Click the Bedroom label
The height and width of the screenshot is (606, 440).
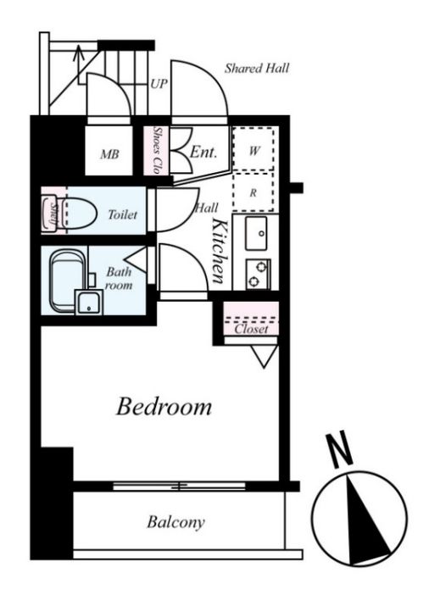coord(164,407)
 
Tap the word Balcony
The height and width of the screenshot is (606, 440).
coord(175,523)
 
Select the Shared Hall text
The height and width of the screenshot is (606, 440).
coord(257,69)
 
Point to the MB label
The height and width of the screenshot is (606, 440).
coord(109,154)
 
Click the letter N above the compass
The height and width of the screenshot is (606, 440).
coord(339,450)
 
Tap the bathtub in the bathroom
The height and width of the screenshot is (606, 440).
coord(68,281)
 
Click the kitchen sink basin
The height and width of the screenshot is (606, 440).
coord(256,233)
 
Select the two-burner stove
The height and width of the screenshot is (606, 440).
coord(258,274)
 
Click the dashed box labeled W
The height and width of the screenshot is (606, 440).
coord(253,149)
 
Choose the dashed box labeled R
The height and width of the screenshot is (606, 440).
coord(253,192)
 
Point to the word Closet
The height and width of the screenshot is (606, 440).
coord(251,330)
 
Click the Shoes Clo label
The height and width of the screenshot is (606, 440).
coord(157,150)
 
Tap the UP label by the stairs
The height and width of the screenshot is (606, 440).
coord(159,84)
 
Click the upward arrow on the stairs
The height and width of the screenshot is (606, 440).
coord(79,64)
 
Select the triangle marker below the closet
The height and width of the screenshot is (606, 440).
coord(265,356)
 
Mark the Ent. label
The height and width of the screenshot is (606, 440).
coord(203,152)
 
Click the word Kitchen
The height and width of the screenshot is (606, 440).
coord(220,251)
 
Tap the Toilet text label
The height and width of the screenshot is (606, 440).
coord(123,214)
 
